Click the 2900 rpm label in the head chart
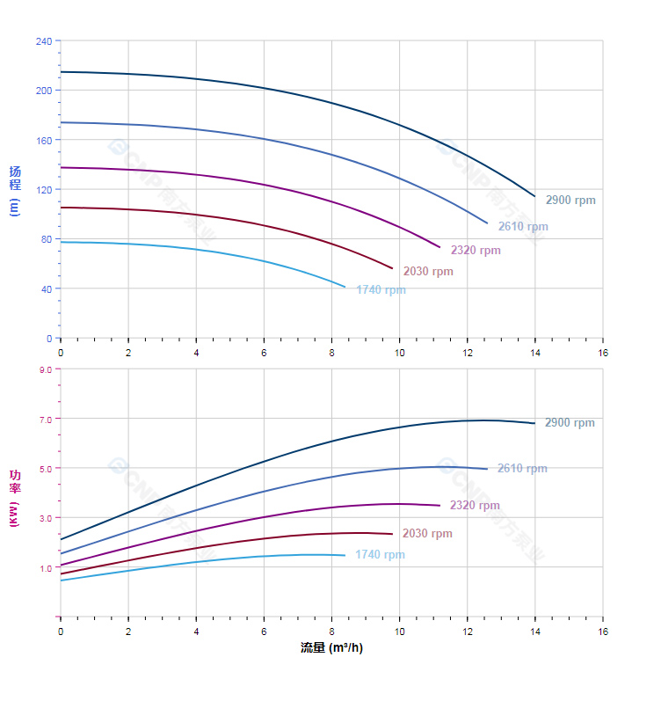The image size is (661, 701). click(x=570, y=201)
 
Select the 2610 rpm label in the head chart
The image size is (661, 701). click(x=523, y=227)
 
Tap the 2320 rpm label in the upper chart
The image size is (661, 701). click(x=476, y=251)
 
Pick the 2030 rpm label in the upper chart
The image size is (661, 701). click(x=428, y=272)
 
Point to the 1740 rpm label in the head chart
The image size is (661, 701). click(x=381, y=290)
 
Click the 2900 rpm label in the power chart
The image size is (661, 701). click(x=570, y=423)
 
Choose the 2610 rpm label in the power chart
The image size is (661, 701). click(x=522, y=469)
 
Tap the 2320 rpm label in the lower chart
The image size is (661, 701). click(x=475, y=506)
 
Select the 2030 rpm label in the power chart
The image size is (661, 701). click(x=427, y=534)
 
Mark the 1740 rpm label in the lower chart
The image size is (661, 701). click(x=380, y=555)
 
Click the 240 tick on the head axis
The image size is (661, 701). click(x=44, y=41)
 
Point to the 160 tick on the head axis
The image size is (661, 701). click(x=44, y=141)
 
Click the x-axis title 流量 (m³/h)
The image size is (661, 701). click(x=331, y=648)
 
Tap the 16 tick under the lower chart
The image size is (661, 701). click(x=603, y=632)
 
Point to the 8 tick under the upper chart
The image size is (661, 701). click(x=331, y=352)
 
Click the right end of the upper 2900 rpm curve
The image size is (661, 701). click(x=534, y=196)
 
